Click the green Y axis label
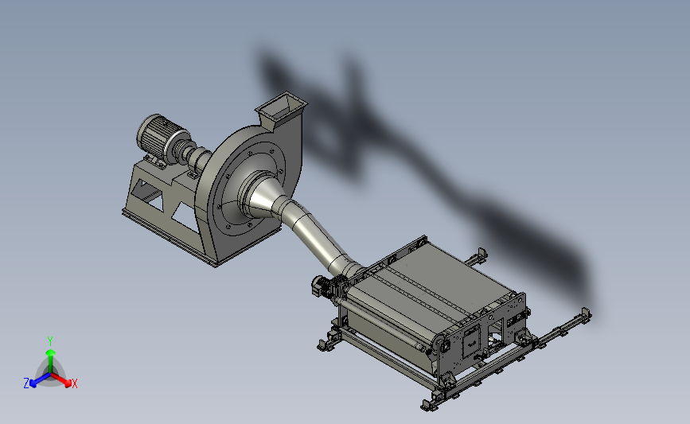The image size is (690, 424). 49,341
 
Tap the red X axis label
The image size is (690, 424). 74,383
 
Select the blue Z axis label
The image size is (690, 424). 26,383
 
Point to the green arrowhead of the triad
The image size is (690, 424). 50,352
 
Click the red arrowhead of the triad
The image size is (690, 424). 68,383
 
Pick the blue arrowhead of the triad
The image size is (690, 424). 33,383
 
